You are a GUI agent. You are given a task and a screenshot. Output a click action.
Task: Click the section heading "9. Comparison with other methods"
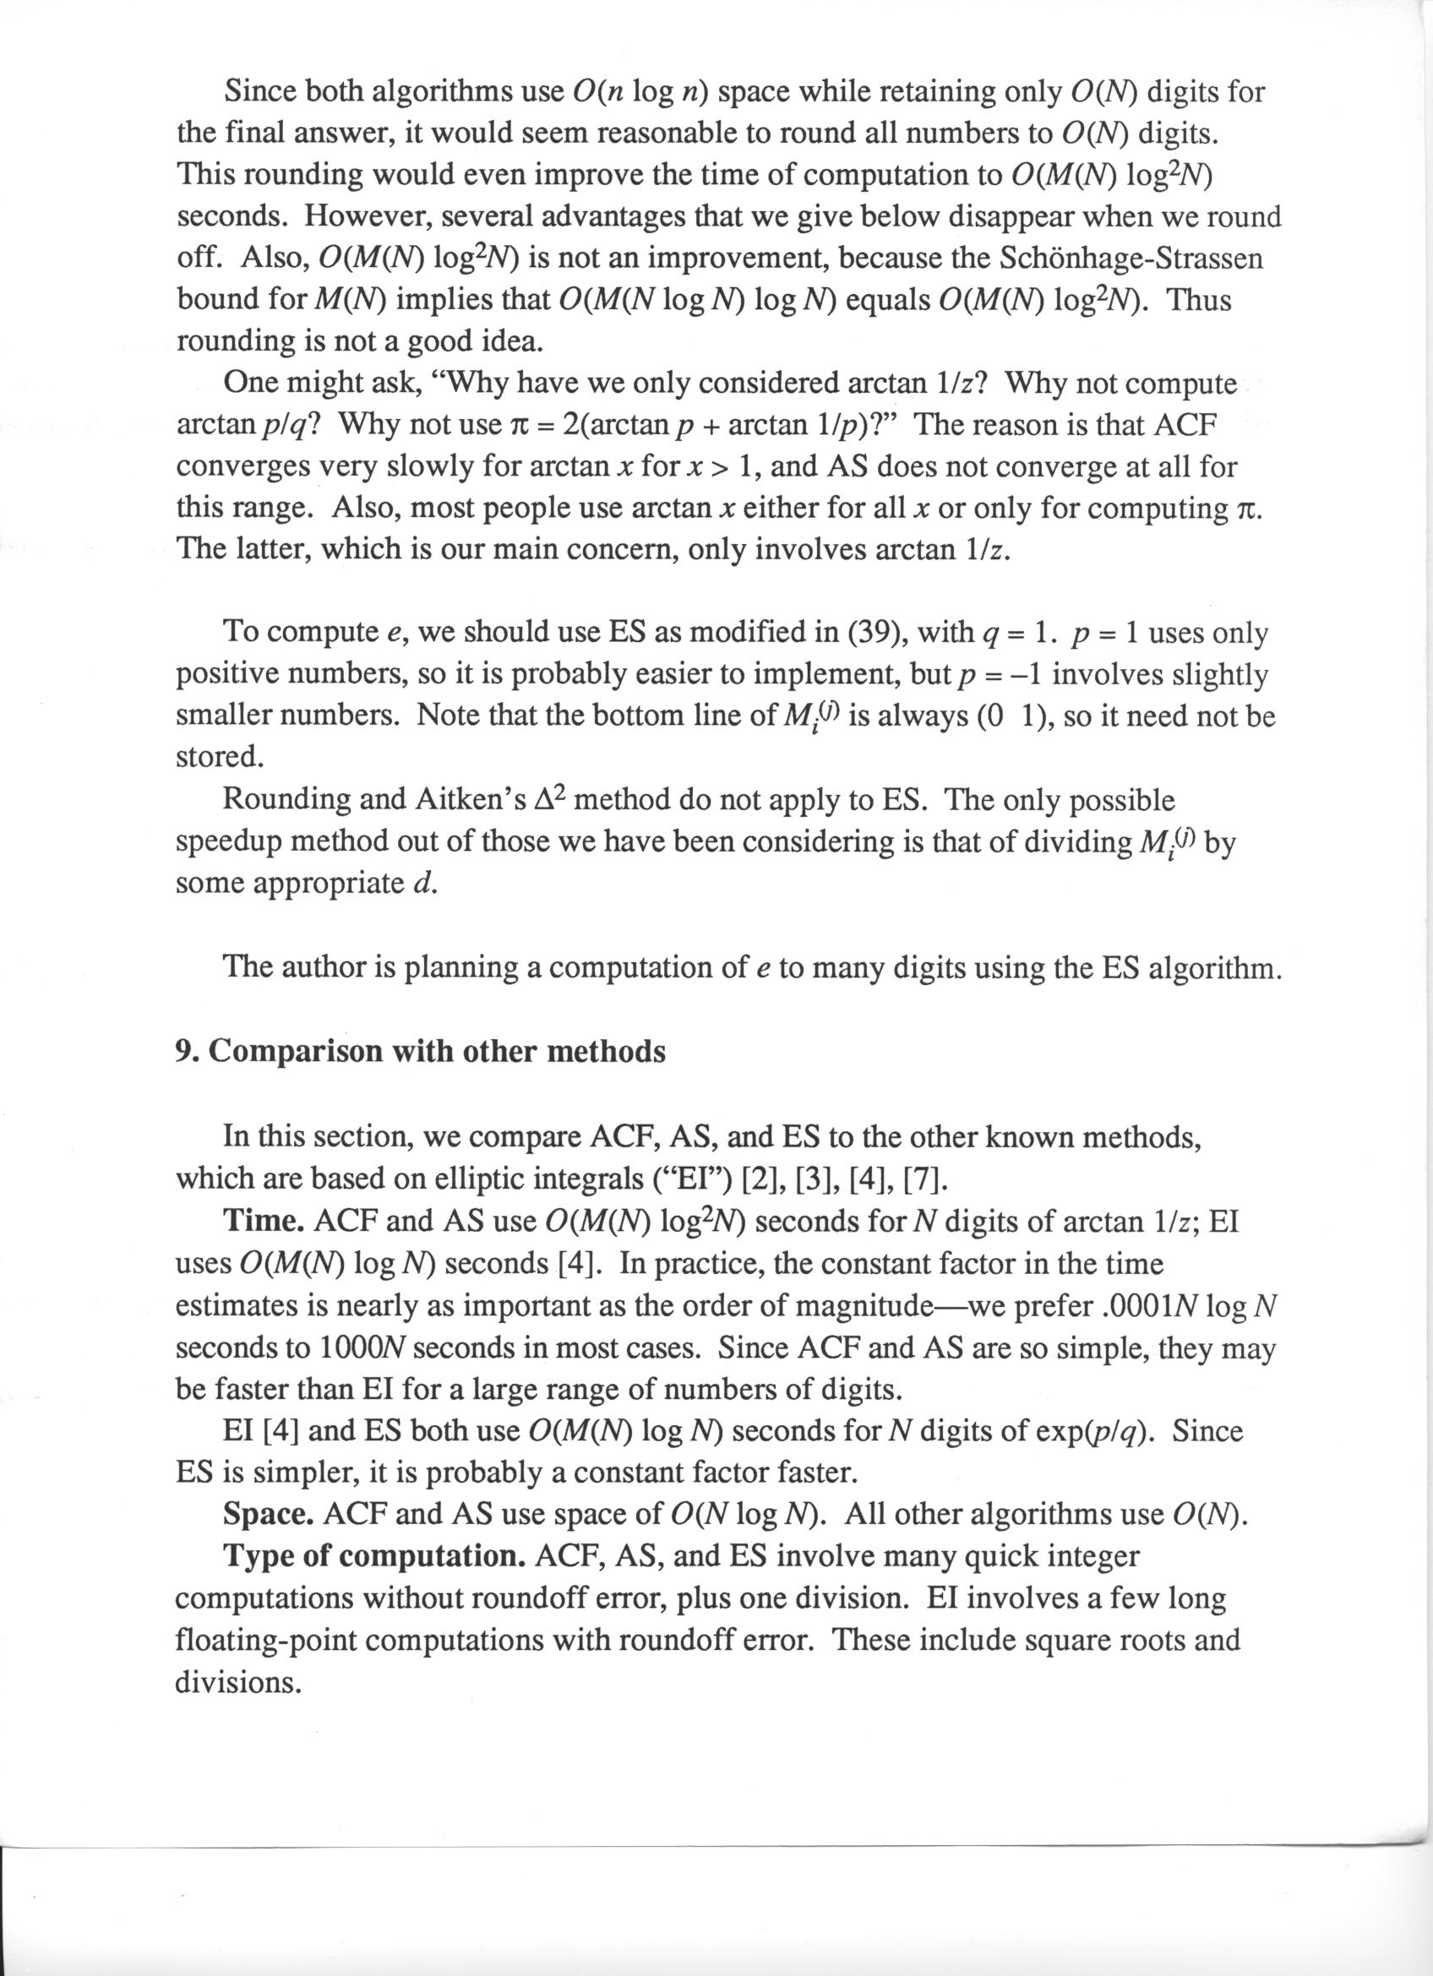coord(421,1052)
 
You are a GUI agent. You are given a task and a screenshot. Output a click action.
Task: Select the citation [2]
coord(764,1179)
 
